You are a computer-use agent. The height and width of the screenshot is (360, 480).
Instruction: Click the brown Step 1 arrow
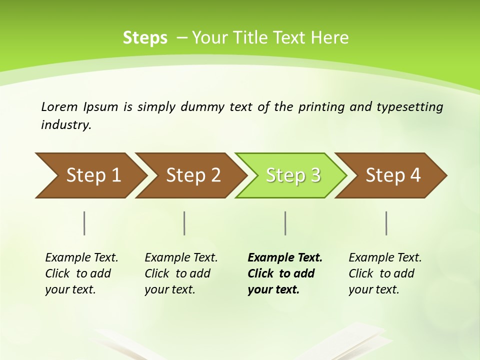(x=90, y=175)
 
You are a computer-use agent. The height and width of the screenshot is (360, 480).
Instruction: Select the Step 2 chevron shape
(x=192, y=175)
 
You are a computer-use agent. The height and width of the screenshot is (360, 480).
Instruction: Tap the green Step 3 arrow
(x=292, y=175)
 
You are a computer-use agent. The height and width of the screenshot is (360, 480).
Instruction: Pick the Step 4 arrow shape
(x=392, y=175)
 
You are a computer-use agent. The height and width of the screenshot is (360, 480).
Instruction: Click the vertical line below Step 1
(x=84, y=223)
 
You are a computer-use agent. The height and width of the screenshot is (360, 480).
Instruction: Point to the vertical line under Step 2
(x=184, y=223)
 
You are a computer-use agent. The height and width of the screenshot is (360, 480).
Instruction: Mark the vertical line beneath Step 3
(x=285, y=223)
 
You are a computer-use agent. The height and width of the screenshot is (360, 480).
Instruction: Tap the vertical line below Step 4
(x=386, y=223)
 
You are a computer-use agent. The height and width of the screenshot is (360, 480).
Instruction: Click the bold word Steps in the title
(x=145, y=38)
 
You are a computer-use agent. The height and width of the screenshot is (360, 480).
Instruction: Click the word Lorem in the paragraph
(x=59, y=106)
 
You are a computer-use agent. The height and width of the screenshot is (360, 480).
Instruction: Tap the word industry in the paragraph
(x=66, y=124)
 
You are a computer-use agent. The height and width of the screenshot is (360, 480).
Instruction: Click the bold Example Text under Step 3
(x=285, y=258)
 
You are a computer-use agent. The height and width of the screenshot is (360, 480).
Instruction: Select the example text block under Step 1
(x=81, y=273)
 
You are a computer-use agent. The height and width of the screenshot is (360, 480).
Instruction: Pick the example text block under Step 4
(x=385, y=273)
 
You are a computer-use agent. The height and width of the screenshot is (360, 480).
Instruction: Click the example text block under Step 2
(x=181, y=273)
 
